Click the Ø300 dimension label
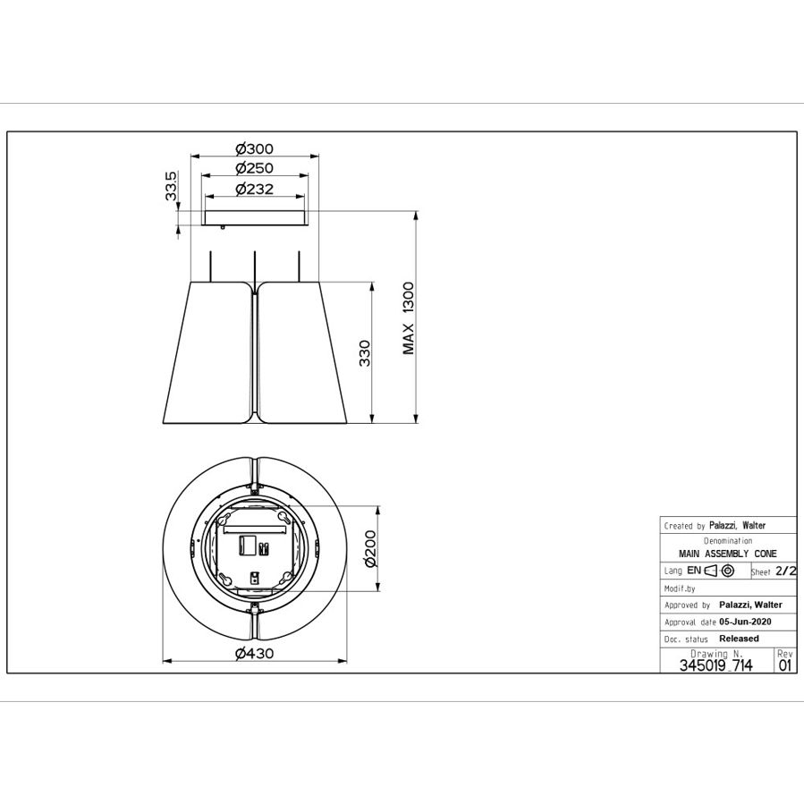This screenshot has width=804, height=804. point(254,149)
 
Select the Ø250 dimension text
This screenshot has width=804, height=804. point(254,168)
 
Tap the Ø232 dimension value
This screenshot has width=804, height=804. point(254,190)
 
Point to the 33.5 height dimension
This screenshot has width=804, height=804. point(171,186)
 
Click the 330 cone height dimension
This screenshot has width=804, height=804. point(365,352)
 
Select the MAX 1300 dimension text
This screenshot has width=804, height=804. point(408,317)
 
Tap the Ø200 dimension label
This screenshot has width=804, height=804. point(370,548)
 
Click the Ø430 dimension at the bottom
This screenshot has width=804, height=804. point(254,653)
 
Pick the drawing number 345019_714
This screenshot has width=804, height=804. point(715,665)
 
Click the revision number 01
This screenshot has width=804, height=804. point(785,665)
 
